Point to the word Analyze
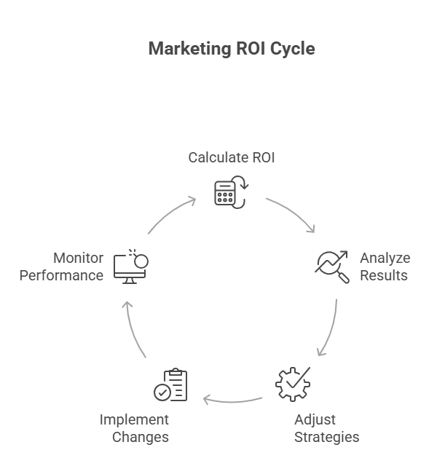coord(385,258)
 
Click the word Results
coord(383,275)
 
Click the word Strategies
coord(326,437)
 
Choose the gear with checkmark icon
coord(291,384)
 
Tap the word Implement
coord(134,420)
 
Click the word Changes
coord(140,437)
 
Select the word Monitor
coord(78,258)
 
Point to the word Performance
coord(61,275)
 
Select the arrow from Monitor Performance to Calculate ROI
coord(172,213)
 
